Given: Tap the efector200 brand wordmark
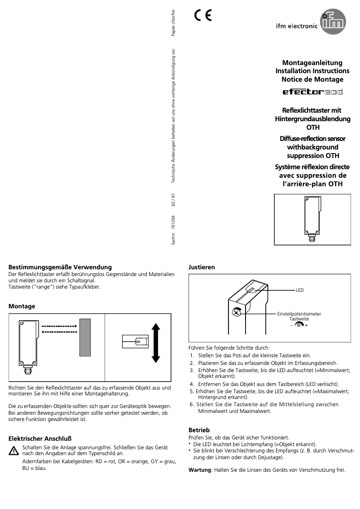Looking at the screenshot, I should click(x=312, y=92).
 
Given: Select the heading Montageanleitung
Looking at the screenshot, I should click(x=312, y=63).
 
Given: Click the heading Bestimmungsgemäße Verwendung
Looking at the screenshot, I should click(x=60, y=267).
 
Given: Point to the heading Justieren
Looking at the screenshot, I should click(x=202, y=267).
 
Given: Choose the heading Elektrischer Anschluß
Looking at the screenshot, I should click(x=40, y=438).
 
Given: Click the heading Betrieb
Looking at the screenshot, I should click(x=199, y=430).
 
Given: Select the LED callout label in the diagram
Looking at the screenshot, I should click(x=299, y=290).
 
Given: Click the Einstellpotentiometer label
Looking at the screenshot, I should click(x=299, y=314).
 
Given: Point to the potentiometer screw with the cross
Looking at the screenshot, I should click(x=236, y=312).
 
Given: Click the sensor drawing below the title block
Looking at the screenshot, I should click(x=312, y=219).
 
